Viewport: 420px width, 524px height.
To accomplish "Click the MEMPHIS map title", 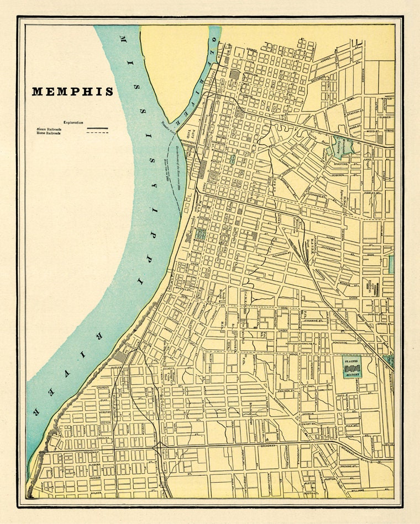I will [x=72, y=92].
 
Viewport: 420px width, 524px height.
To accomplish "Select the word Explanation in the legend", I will [x=73, y=122].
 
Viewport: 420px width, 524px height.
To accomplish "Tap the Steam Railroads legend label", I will [x=49, y=128].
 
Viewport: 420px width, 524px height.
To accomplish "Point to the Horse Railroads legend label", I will [x=49, y=133].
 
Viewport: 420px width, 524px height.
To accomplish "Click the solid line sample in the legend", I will [x=97, y=128].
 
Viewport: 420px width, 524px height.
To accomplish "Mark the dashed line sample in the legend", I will [x=97, y=133].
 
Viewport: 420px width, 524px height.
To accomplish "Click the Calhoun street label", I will [x=103, y=388].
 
